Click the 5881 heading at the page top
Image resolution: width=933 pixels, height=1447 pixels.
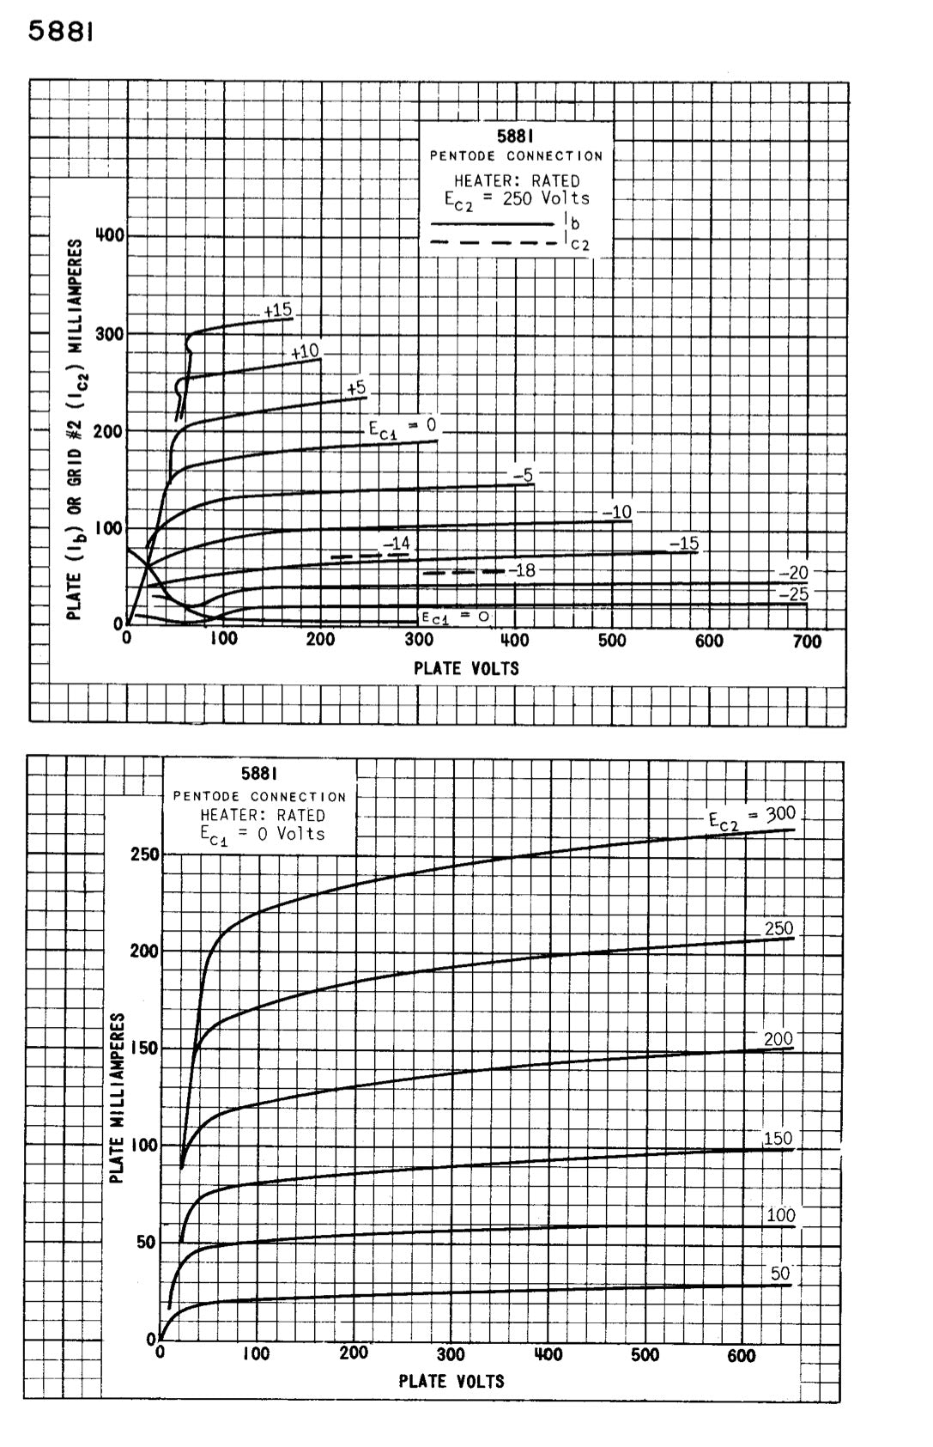tap(60, 32)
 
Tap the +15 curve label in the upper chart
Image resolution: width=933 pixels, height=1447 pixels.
tap(278, 310)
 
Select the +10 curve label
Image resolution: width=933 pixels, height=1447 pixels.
tap(305, 351)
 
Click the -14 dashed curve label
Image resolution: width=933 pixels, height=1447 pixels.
tap(397, 544)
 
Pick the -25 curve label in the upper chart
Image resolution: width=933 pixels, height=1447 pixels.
tap(793, 593)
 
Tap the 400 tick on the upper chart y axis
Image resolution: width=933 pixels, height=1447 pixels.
tap(110, 235)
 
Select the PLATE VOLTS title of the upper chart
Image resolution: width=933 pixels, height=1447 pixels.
tap(466, 668)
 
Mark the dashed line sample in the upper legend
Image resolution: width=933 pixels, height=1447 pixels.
tap(494, 242)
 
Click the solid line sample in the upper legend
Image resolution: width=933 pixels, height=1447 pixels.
tap(494, 223)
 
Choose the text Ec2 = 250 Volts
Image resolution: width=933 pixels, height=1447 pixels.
tap(517, 198)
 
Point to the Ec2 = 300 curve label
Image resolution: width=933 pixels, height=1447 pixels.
tap(752, 817)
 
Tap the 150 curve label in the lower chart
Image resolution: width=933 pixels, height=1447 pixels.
tap(778, 1139)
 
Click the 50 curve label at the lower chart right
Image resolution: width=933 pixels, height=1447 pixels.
tap(779, 1274)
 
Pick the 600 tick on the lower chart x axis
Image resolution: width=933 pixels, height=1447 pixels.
tap(742, 1355)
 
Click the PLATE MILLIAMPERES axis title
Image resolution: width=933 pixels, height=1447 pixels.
tap(119, 1097)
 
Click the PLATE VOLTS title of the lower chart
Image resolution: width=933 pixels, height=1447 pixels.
tap(451, 1381)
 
